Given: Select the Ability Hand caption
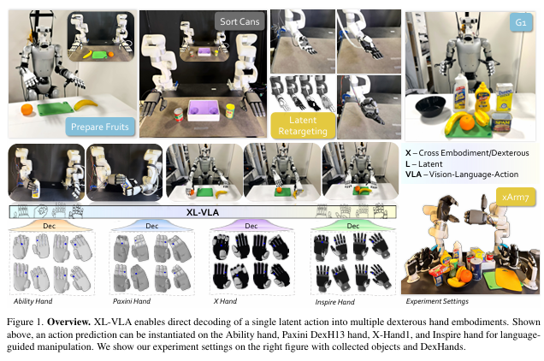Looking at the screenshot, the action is (x=37, y=301).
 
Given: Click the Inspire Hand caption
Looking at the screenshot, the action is (x=336, y=301).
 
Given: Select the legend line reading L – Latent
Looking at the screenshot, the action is (x=433, y=163).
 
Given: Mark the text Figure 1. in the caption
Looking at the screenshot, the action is (x=26, y=317).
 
